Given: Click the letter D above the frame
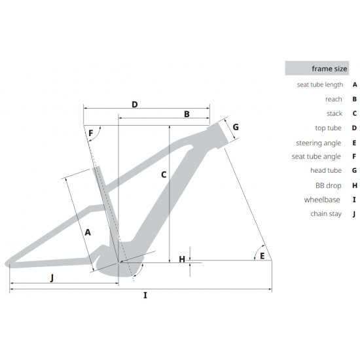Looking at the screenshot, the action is [135, 105].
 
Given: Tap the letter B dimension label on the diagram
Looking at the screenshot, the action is [187, 114].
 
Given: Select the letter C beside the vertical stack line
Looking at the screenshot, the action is [164, 175].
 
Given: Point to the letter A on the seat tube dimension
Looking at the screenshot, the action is [88, 232].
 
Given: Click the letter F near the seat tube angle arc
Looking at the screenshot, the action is [91, 133].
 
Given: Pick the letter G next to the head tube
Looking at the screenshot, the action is [236, 127].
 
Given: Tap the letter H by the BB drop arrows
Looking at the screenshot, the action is [182, 259].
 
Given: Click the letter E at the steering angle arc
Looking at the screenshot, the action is [262, 256].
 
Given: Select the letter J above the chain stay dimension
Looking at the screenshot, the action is [52, 278].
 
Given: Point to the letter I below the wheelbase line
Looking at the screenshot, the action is [145, 295].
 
